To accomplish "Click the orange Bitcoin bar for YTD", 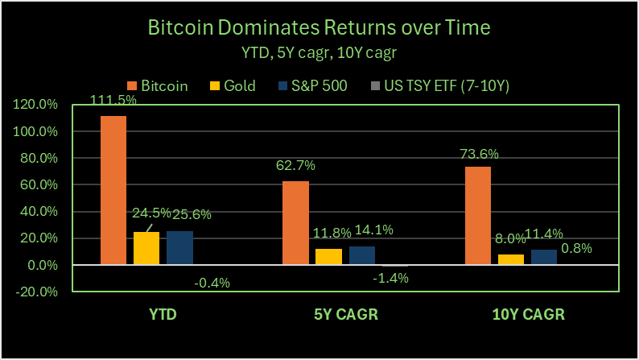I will [113, 190].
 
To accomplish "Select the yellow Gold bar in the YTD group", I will [146, 248].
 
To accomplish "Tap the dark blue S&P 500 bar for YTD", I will [179, 247].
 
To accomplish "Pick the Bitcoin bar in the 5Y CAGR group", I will [295, 223].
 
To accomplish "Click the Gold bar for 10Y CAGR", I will [511, 259].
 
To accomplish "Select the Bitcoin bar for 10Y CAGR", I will [478, 216].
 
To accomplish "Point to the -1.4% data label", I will [392, 279].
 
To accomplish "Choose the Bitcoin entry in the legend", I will [159, 85].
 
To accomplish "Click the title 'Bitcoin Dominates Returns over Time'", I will [319, 29].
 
